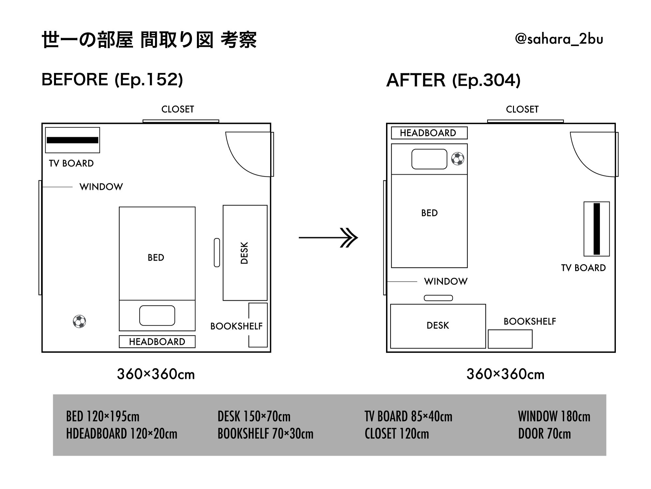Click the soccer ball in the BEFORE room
pyautogui.click(x=79, y=322)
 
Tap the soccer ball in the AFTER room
pyautogui.click(x=458, y=159)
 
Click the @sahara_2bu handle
pyautogui.click(x=559, y=39)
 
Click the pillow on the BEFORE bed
pyautogui.click(x=157, y=315)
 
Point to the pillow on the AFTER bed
pyautogui.click(x=429, y=159)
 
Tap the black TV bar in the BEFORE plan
pyautogui.click(x=73, y=140)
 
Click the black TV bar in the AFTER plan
pyautogui.click(x=597, y=229)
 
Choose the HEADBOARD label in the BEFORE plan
pyautogui.click(x=157, y=342)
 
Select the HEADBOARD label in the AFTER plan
pyautogui.click(x=428, y=133)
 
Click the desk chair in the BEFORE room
pyautogui.click(x=217, y=253)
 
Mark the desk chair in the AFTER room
pyautogui.click(x=438, y=298)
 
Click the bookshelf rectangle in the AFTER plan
pyautogui.click(x=510, y=339)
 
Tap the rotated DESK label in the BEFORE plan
pyautogui.click(x=244, y=253)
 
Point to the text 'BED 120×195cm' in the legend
pyautogui.click(x=103, y=416)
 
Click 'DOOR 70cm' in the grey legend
pyautogui.click(x=544, y=434)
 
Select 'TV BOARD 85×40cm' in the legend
pyautogui.click(x=408, y=416)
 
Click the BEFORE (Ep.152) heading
pyautogui.click(x=112, y=80)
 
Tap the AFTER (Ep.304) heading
pyautogui.click(x=453, y=80)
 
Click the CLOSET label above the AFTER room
pyautogui.click(x=522, y=109)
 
